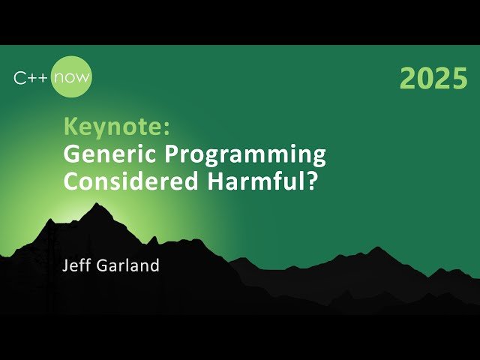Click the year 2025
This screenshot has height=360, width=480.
tap(433, 79)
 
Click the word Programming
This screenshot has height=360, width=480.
tap(239, 156)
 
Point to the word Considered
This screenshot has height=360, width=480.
tap(124, 182)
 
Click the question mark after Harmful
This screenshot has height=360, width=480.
tap(307, 182)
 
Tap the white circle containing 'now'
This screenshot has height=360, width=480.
tap(72, 77)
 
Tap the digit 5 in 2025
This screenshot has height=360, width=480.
tap(459, 79)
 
